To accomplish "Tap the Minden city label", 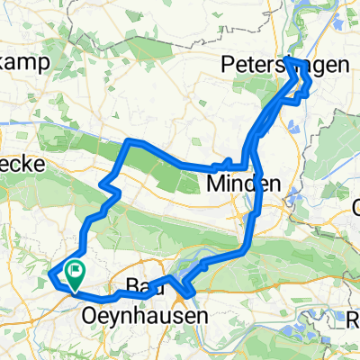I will point(235,184).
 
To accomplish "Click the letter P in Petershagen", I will point(228,66).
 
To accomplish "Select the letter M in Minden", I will point(215,184).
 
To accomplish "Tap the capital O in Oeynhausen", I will point(91,317).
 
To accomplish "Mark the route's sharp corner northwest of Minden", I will point(130,141).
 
